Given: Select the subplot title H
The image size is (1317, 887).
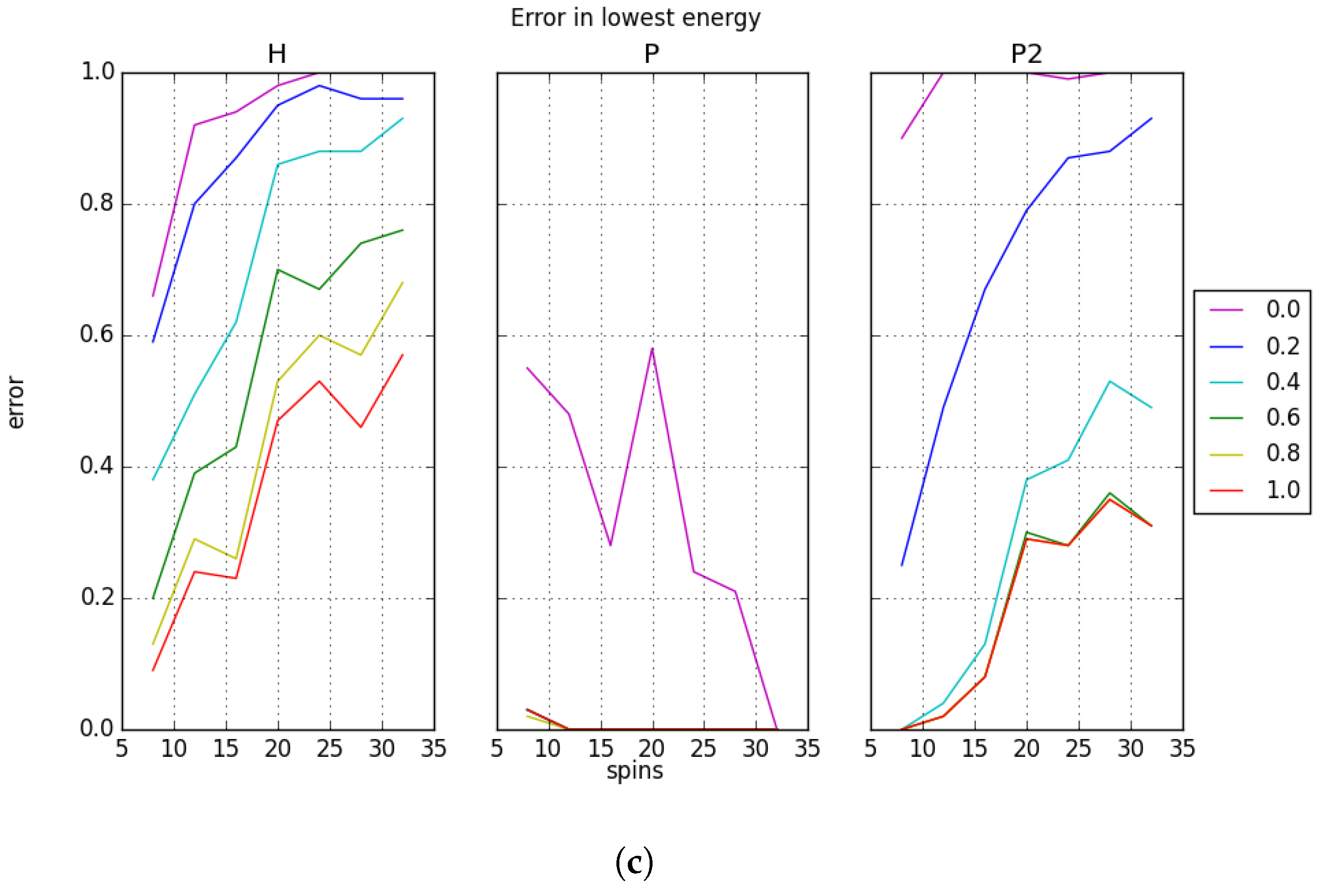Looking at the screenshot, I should point(277,54).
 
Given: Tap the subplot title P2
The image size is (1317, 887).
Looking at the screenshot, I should point(1026,54).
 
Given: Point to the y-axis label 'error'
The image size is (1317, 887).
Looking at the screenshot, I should point(15,402).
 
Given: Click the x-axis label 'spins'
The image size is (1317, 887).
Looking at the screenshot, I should point(634,771).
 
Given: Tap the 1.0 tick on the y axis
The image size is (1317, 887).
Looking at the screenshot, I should point(98,72).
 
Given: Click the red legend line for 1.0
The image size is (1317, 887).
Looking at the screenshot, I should point(1226,491).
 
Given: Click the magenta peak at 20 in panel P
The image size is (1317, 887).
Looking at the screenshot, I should point(652,348).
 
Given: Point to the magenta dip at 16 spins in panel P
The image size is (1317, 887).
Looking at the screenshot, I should point(610,545).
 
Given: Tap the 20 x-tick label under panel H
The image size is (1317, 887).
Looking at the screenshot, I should point(277,749).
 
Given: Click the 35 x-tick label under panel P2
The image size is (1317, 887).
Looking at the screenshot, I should point(1182,749).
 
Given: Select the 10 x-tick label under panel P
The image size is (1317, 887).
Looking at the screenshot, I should point(547,749).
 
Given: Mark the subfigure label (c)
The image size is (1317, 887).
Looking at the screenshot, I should point(634,862).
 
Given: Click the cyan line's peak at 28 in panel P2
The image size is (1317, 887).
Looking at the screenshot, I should point(1110,381).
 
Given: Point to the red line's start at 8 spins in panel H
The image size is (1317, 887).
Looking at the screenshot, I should point(153,670).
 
